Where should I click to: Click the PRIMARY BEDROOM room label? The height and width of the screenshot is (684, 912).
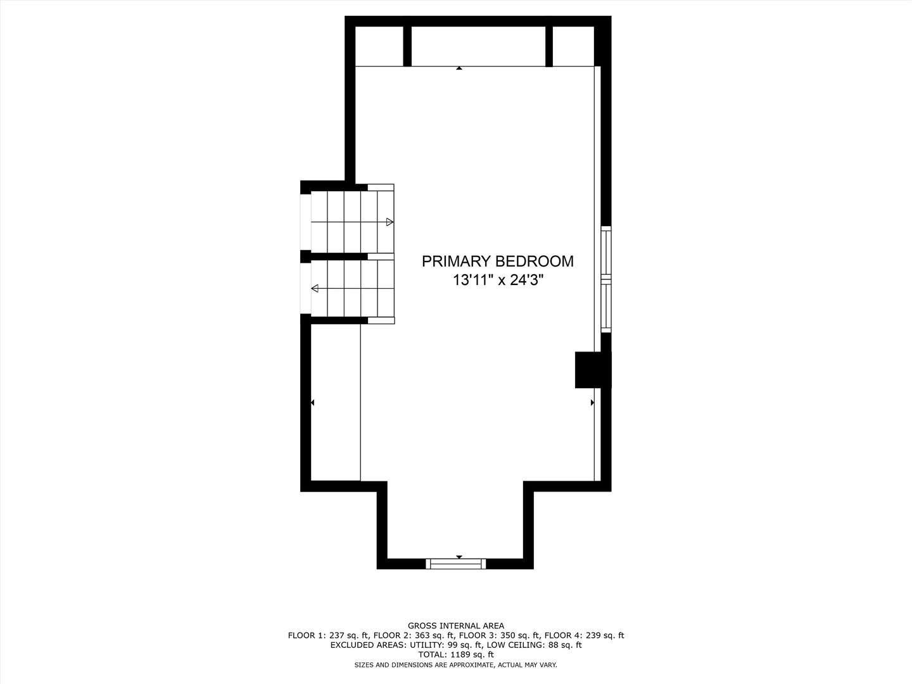[498, 261]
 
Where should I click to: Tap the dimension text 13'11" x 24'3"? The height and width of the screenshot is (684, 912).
[498, 280]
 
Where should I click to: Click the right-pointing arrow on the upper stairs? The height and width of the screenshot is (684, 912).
[389, 222]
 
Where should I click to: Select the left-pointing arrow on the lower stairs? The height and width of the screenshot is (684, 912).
[315, 289]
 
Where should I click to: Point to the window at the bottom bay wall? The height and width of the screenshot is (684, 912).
[456, 564]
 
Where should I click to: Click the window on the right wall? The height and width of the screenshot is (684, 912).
[606, 279]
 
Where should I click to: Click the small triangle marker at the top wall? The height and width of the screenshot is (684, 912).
[459, 67]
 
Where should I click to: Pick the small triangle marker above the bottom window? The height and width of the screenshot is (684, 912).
[459, 557]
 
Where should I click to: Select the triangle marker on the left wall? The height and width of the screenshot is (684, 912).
[312, 402]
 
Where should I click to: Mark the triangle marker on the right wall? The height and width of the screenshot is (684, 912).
[593, 402]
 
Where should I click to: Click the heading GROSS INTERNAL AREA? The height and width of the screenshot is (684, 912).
[456, 626]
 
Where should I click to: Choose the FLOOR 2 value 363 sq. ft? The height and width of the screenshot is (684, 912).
[434, 635]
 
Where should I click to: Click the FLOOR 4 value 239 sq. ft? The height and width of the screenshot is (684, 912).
[604, 635]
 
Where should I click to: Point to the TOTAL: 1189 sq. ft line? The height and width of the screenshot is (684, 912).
[456, 654]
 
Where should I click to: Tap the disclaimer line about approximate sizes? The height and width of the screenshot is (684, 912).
[456, 665]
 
